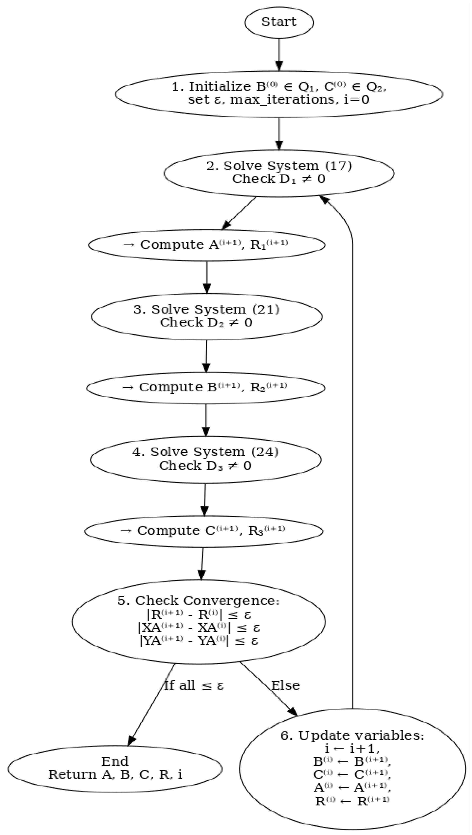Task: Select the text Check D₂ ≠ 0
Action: point(206,322)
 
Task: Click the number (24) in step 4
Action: point(264,452)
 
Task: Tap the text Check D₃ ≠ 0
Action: point(205,466)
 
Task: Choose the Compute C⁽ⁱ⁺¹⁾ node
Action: point(203,531)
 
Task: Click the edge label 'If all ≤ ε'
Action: point(194,685)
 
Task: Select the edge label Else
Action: point(285,685)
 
